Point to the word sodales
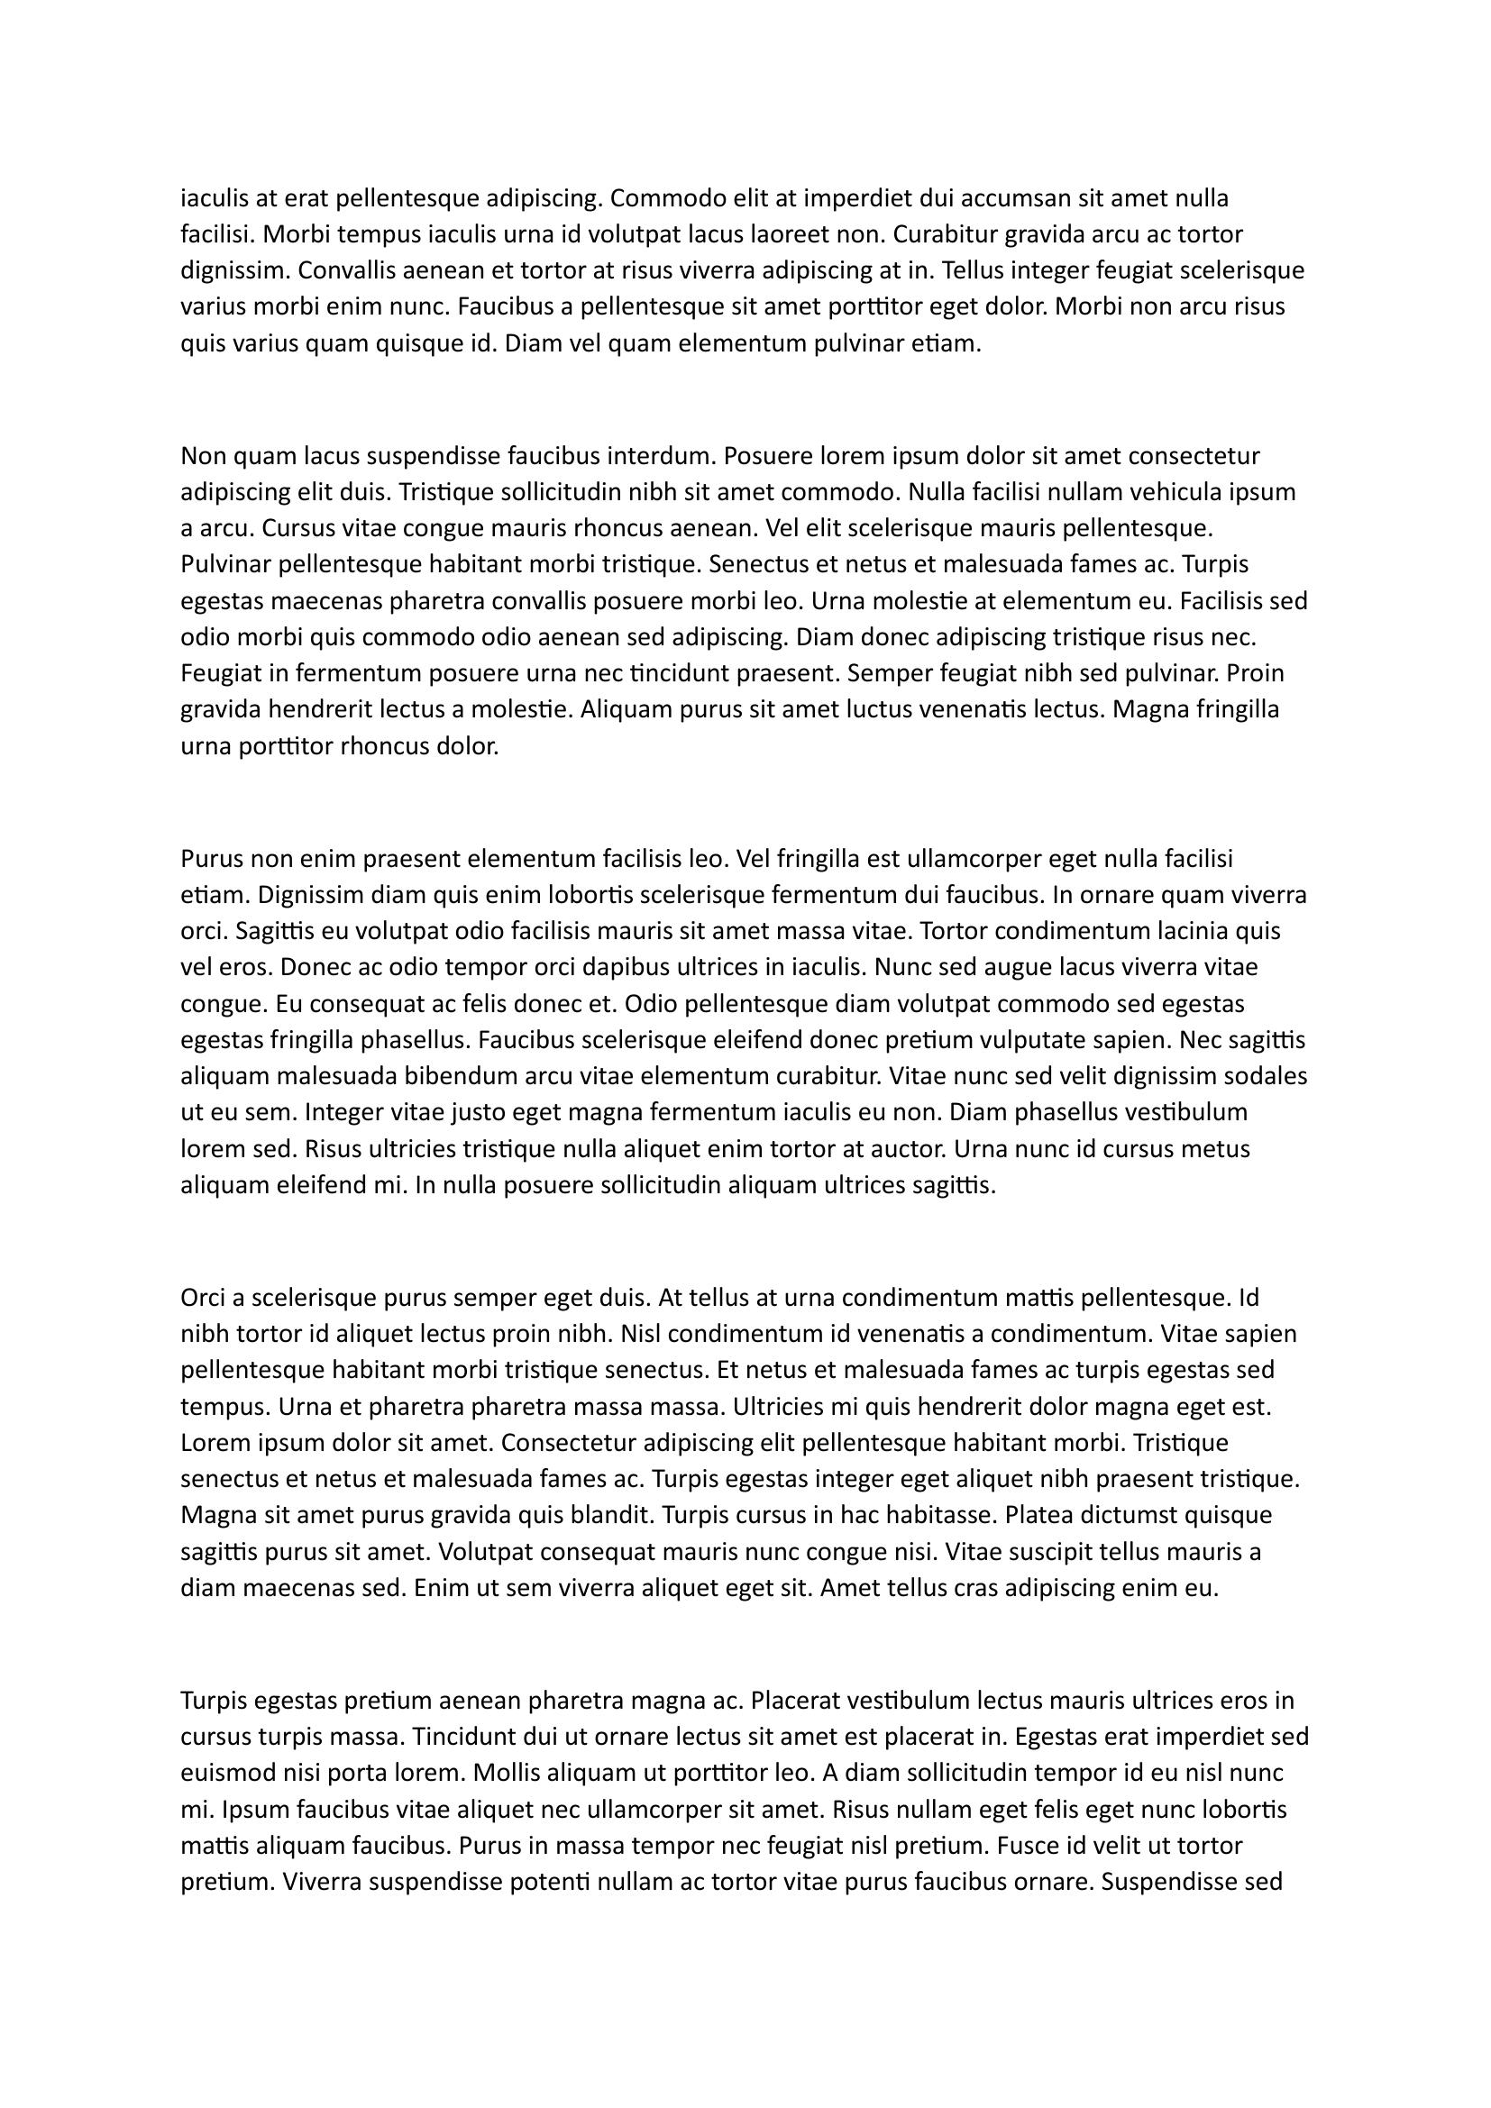(x=1266, y=1076)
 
